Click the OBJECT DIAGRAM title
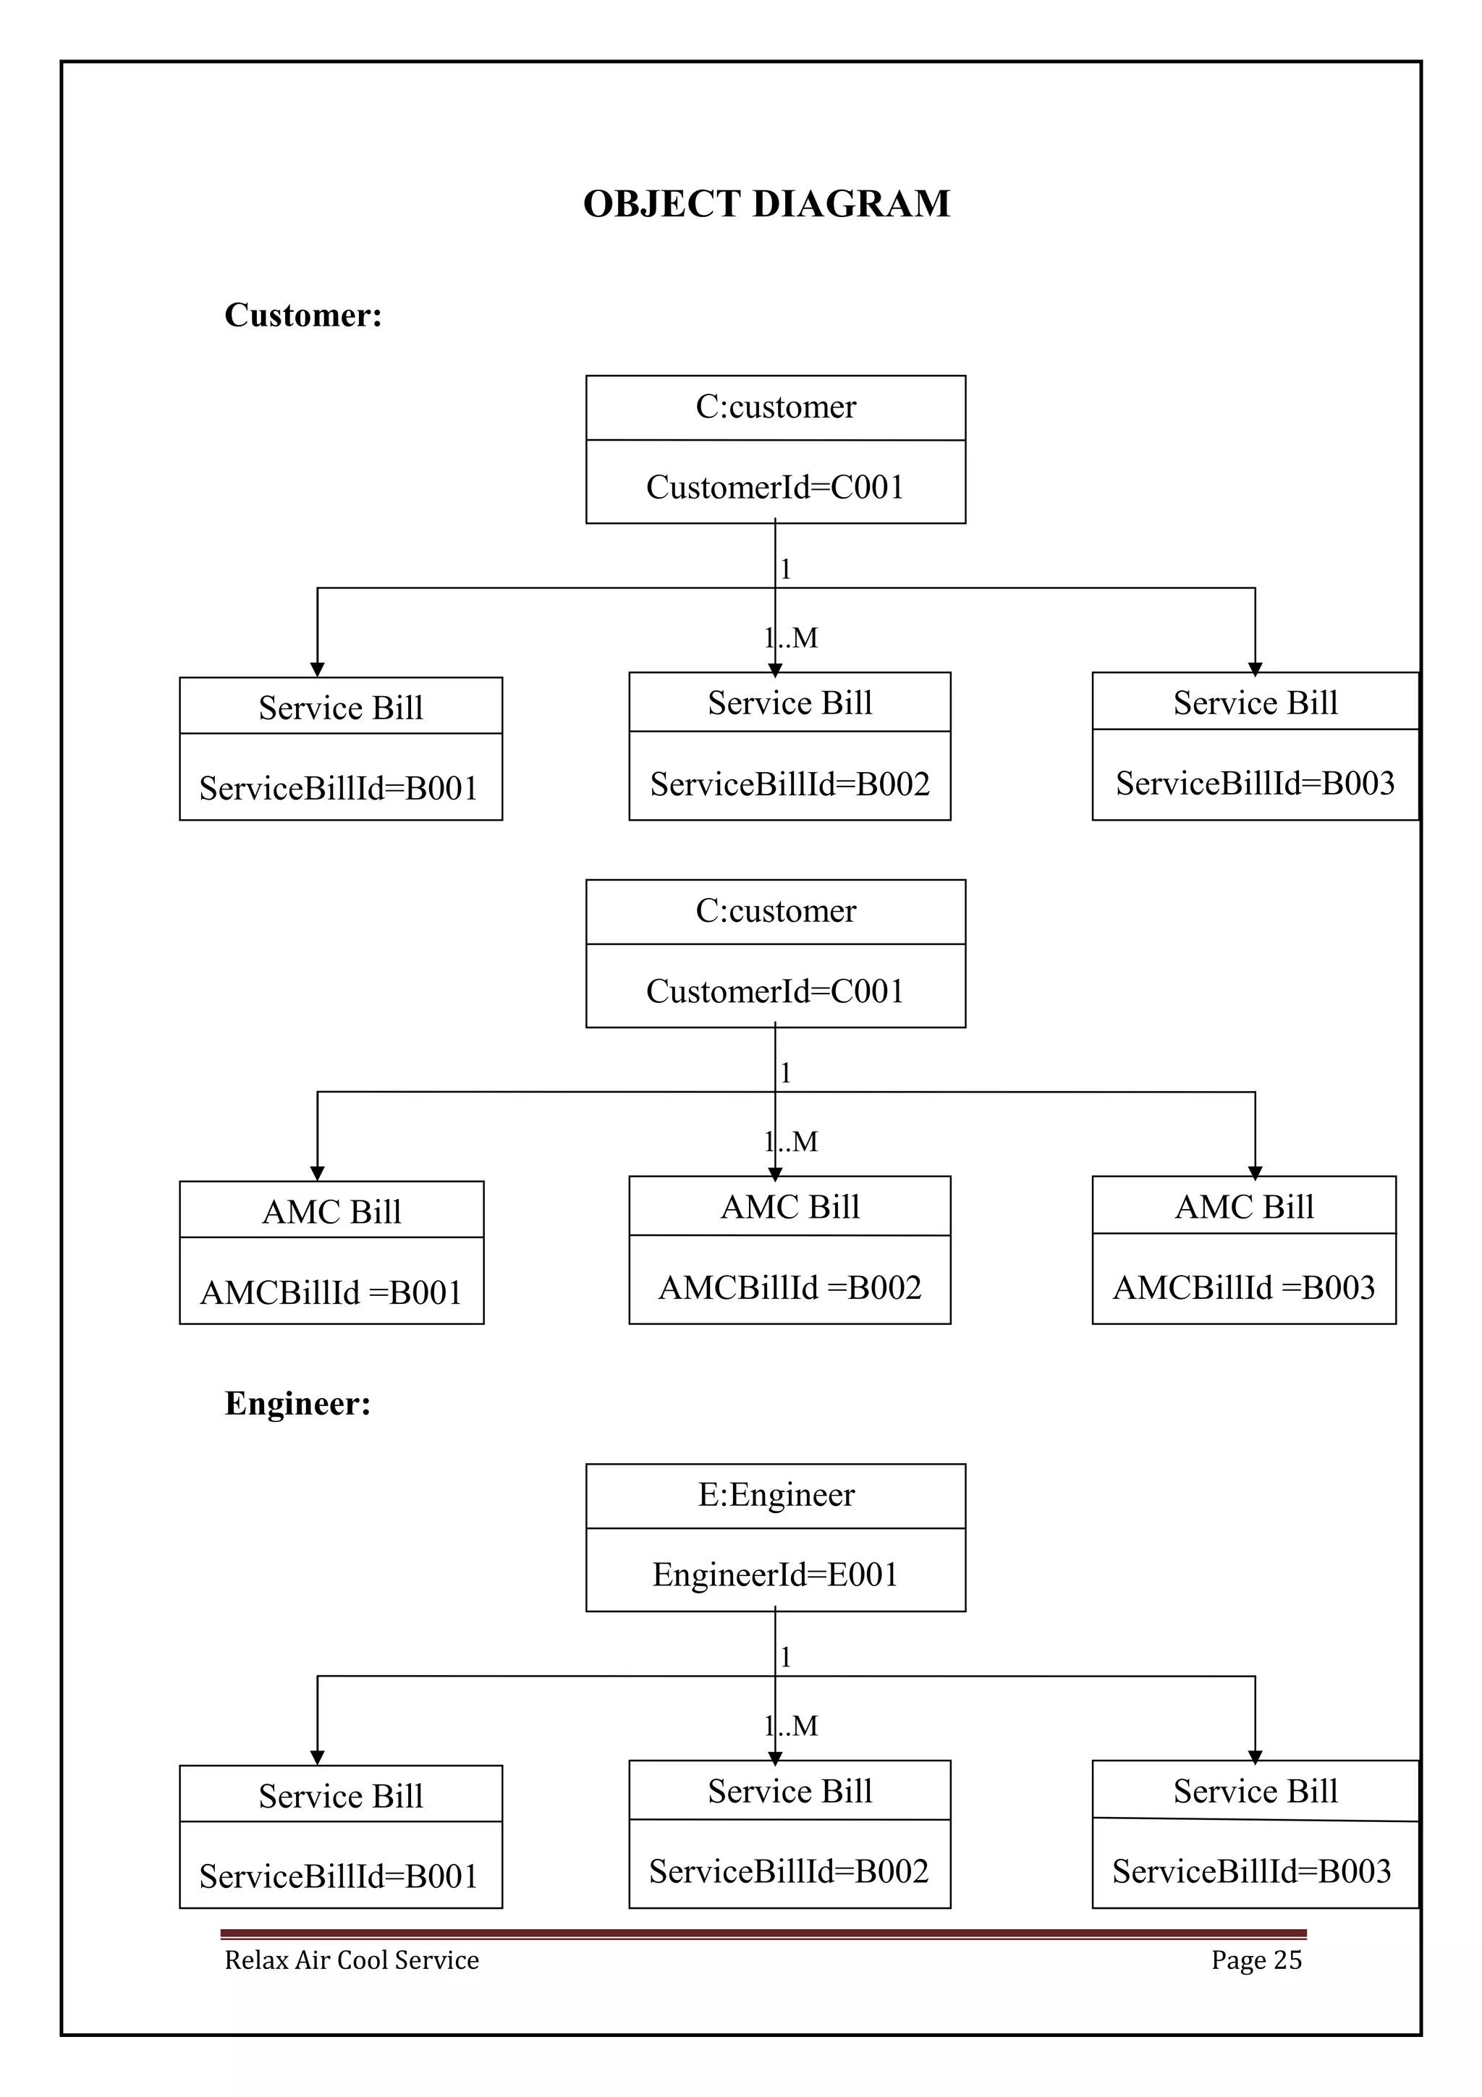pyautogui.click(x=766, y=203)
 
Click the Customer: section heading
pyautogui.click(x=303, y=315)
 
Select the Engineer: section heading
pyautogui.click(x=297, y=1403)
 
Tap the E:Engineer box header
pyautogui.click(x=775, y=1494)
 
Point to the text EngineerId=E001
pyautogui.click(x=775, y=1575)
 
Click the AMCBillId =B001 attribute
pyautogui.click(x=331, y=1292)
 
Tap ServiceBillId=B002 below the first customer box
pyautogui.click(x=790, y=784)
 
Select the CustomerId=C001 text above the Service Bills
pyautogui.click(x=775, y=487)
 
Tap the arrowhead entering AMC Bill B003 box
pyautogui.click(x=1255, y=1173)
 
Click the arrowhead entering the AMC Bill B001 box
pyautogui.click(x=317, y=1174)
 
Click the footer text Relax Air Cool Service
pyautogui.click(x=352, y=1960)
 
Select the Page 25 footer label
pyautogui.click(x=1256, y=1960)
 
